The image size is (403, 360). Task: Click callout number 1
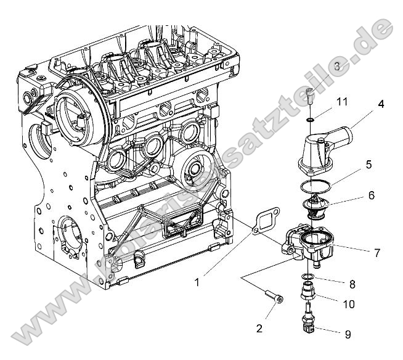(x=198, y=282)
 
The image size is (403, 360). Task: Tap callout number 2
(x=259, y=328)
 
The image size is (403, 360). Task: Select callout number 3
(x=337, y=65)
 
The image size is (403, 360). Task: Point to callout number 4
(x=381, y=104)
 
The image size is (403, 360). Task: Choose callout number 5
(x=368, y=165)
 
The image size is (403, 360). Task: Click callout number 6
(x=371, y=195)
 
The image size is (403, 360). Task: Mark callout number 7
(x=377, y=252)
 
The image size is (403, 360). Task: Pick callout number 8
(x=352, y=284)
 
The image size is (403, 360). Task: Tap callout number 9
(x=348, y=334)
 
